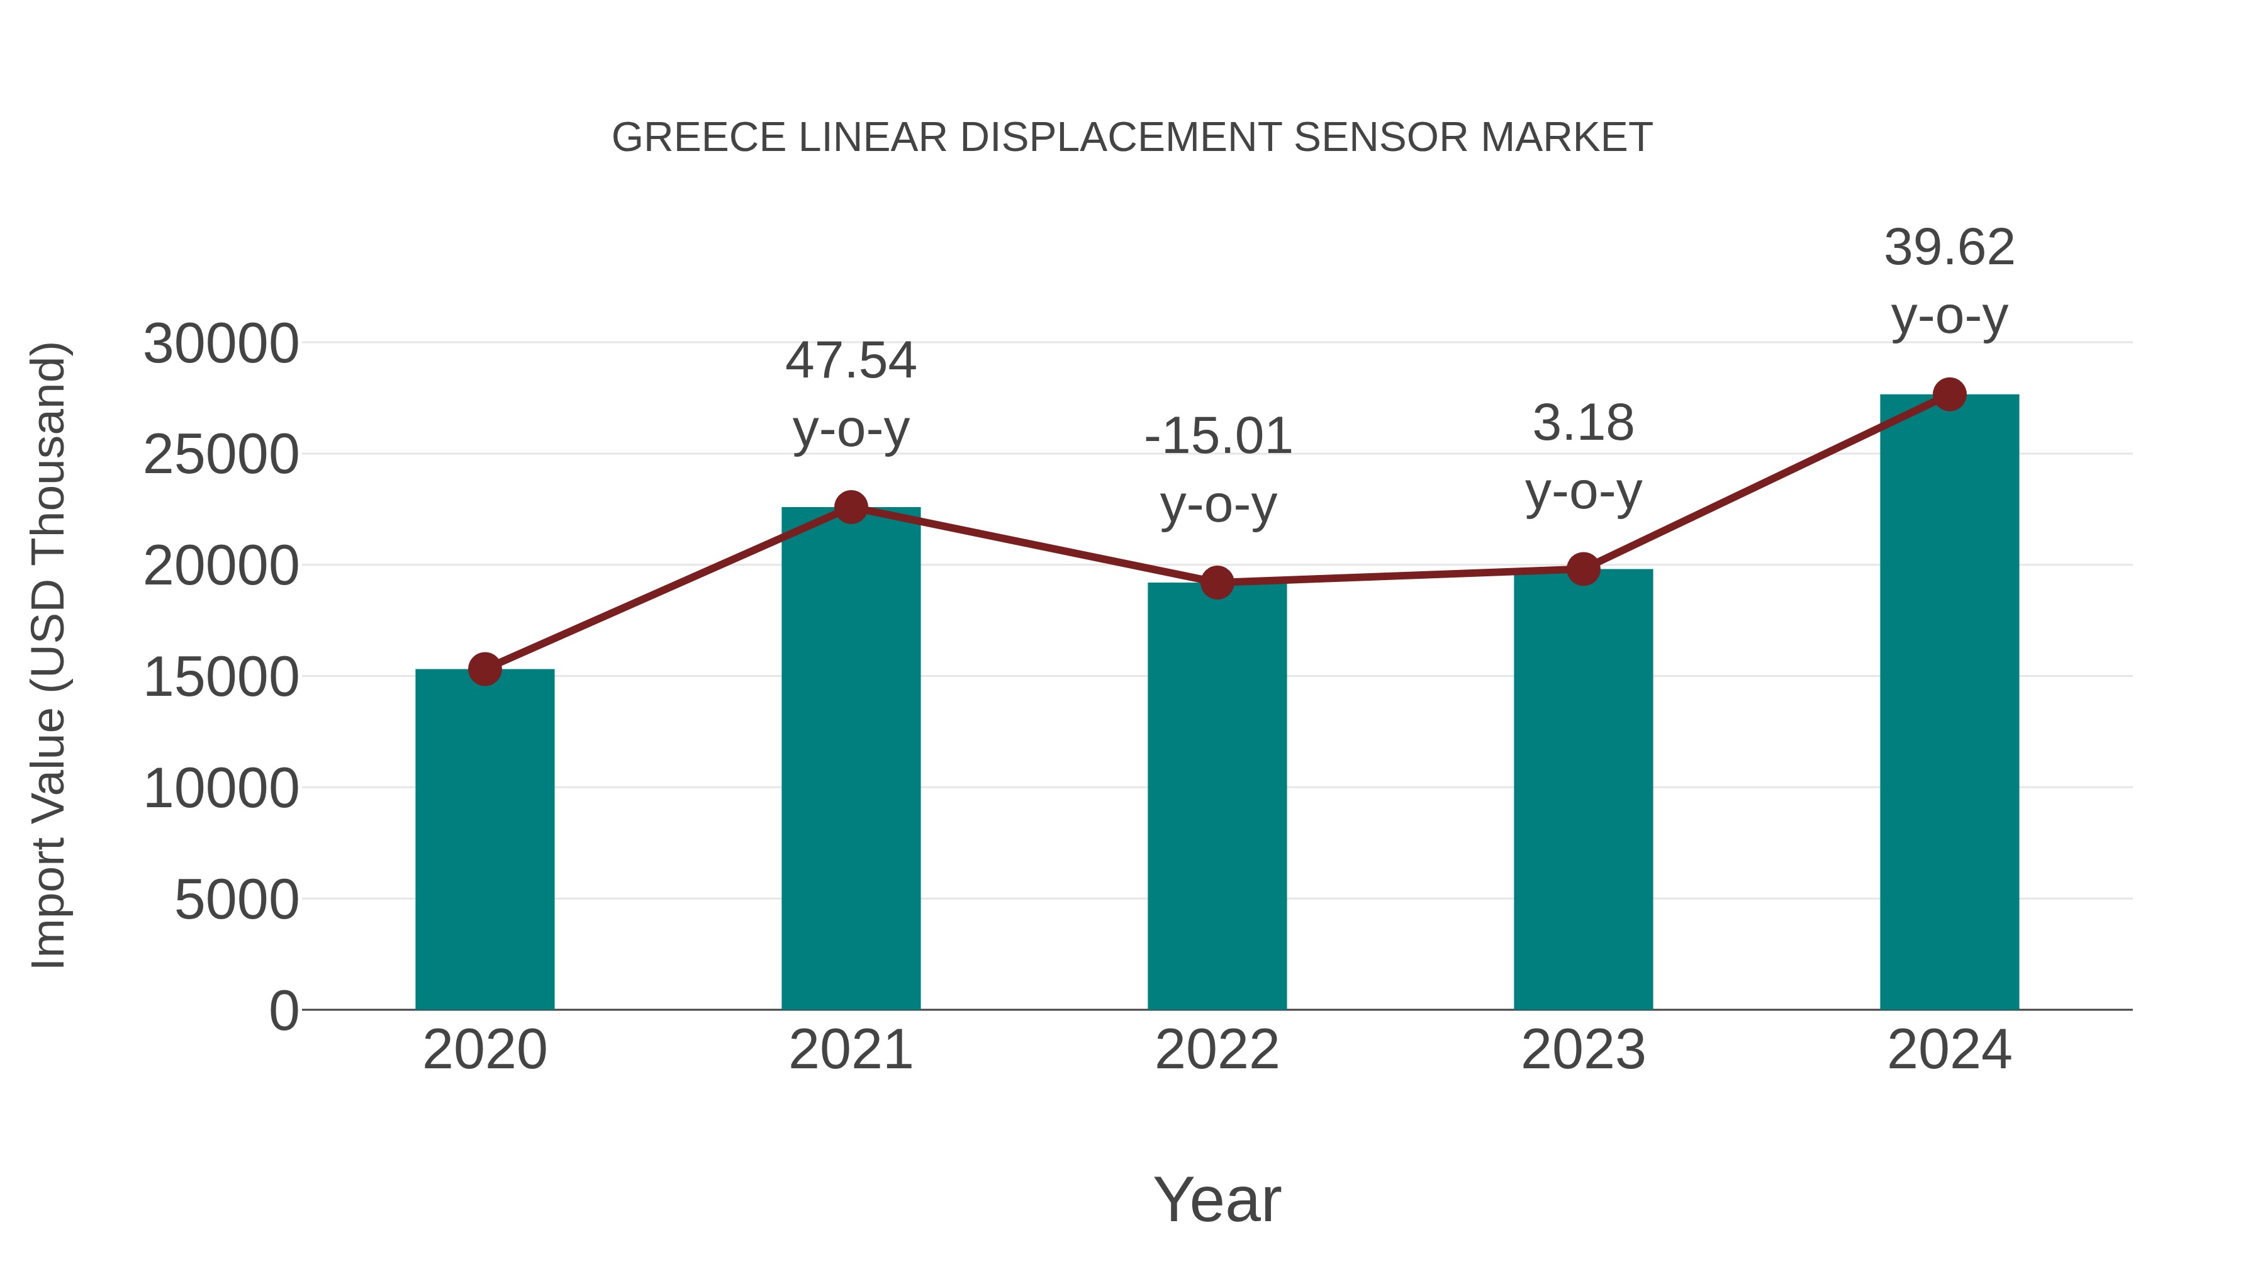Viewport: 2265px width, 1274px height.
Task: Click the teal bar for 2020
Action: click(484, 840)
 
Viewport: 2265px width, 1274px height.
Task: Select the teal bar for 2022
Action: click(1217, 796)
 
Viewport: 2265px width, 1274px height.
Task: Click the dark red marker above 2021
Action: click(850, 507)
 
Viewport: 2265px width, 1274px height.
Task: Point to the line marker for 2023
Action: click(1583, 569)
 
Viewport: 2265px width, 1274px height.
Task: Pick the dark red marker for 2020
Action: click(484, 669)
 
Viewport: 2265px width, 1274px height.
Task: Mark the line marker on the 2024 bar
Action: click(1949, 394)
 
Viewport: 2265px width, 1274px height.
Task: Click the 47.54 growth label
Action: click(850, 360)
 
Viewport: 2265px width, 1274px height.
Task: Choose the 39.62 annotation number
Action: click(1949, 247)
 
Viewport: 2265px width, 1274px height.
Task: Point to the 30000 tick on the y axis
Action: click(221, 344)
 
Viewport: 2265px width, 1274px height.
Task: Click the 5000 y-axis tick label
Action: click(237, 900)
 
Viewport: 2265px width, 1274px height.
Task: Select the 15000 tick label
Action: click(221, 678)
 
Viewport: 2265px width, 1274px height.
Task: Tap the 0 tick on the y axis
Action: click(283, 1010)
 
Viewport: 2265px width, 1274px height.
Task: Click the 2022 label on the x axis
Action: click(1217, 1050)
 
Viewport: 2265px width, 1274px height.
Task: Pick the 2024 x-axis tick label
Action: click(1949, 1050)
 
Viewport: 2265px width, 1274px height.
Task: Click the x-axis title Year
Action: click(1217, 1199)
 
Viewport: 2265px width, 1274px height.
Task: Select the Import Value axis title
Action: click(48, 655)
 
